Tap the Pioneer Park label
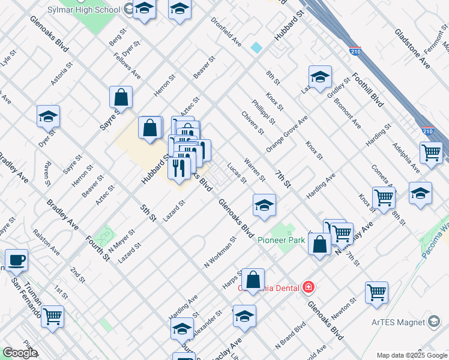[282, 240]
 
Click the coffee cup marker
[16, 260]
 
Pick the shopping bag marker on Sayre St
[121, 97]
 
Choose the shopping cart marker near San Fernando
[53, 315]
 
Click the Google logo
[19, 353]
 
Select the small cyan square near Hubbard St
[257, 47]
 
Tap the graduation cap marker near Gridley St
[320, 76]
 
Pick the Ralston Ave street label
[46, 241]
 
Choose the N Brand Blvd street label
[291, 336]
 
